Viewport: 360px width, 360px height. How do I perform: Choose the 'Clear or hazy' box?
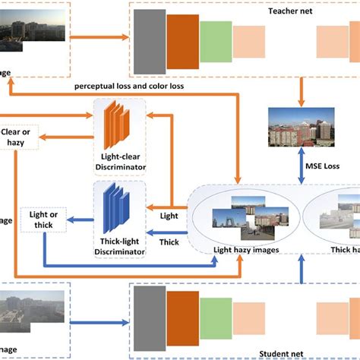point(18,137)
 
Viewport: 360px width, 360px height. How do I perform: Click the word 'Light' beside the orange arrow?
point(169,216)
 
